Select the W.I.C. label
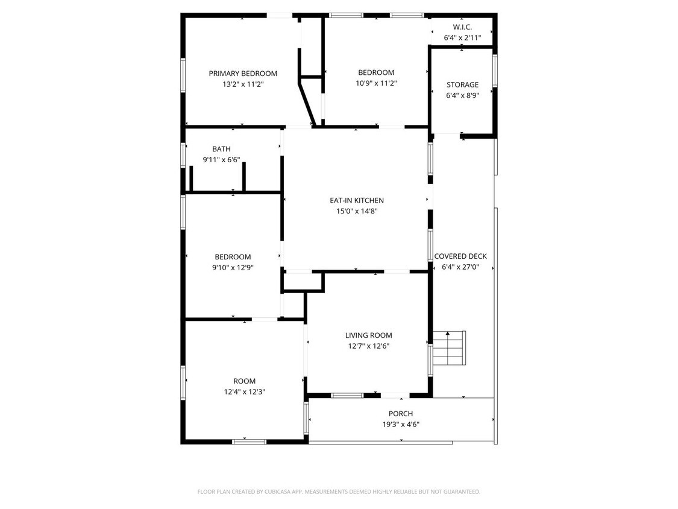click(462, 27)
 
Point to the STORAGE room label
click(462, 85)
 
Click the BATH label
click(221, 149)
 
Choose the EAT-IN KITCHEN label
click(356, 200)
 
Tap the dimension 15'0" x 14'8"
click(356, 211)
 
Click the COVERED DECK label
click(460, 256)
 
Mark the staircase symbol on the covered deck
click(450, 348)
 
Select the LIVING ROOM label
click(368, 335)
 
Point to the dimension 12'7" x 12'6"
click(368, 346)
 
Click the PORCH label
click(401, 414)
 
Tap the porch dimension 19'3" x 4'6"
click(401, 424)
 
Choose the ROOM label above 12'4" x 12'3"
click(244, 381)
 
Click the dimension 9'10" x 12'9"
click(233, 267)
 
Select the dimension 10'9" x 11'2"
click(376, 83)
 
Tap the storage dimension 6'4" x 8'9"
click(462, 95)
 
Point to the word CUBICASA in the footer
click(280, 492)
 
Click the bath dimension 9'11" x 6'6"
click(221, 160)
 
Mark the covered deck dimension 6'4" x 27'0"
click(460, 267)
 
